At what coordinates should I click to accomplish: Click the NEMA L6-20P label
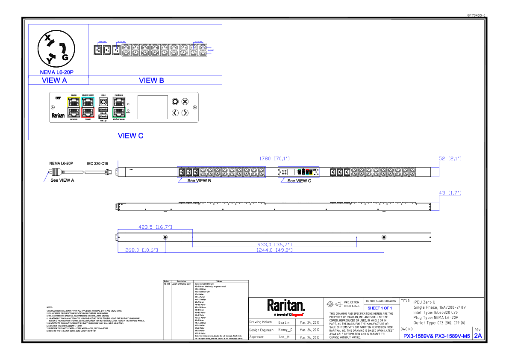(56, 72)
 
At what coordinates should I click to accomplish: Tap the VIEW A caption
(54, 80)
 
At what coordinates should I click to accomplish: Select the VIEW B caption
(151, 80)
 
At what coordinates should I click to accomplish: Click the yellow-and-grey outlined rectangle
(74, 107)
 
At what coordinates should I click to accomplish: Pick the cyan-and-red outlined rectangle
(88, 107)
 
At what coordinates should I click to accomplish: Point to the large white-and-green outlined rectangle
(119, 107)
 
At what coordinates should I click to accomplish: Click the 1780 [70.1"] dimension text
(274, 159)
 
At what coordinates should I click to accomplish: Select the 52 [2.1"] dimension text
(450, 159)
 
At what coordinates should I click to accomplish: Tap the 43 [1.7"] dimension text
(450, 193)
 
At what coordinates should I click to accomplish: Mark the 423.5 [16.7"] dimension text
(155, 227)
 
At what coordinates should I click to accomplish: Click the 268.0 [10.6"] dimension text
(141, 250)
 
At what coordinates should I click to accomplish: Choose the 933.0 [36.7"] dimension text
(274, 245)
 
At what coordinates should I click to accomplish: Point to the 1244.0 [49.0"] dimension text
(274, 250)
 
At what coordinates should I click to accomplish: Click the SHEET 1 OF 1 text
(380, 308)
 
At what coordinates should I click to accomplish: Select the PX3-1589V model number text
(436, 336)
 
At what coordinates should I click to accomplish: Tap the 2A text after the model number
(478, 336)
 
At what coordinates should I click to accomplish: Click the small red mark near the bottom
(297, 315)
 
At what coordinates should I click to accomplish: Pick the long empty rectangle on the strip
(221, 172)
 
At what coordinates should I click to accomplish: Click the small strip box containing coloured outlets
(298, 172)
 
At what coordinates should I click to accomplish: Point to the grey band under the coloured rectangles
(124, 126)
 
